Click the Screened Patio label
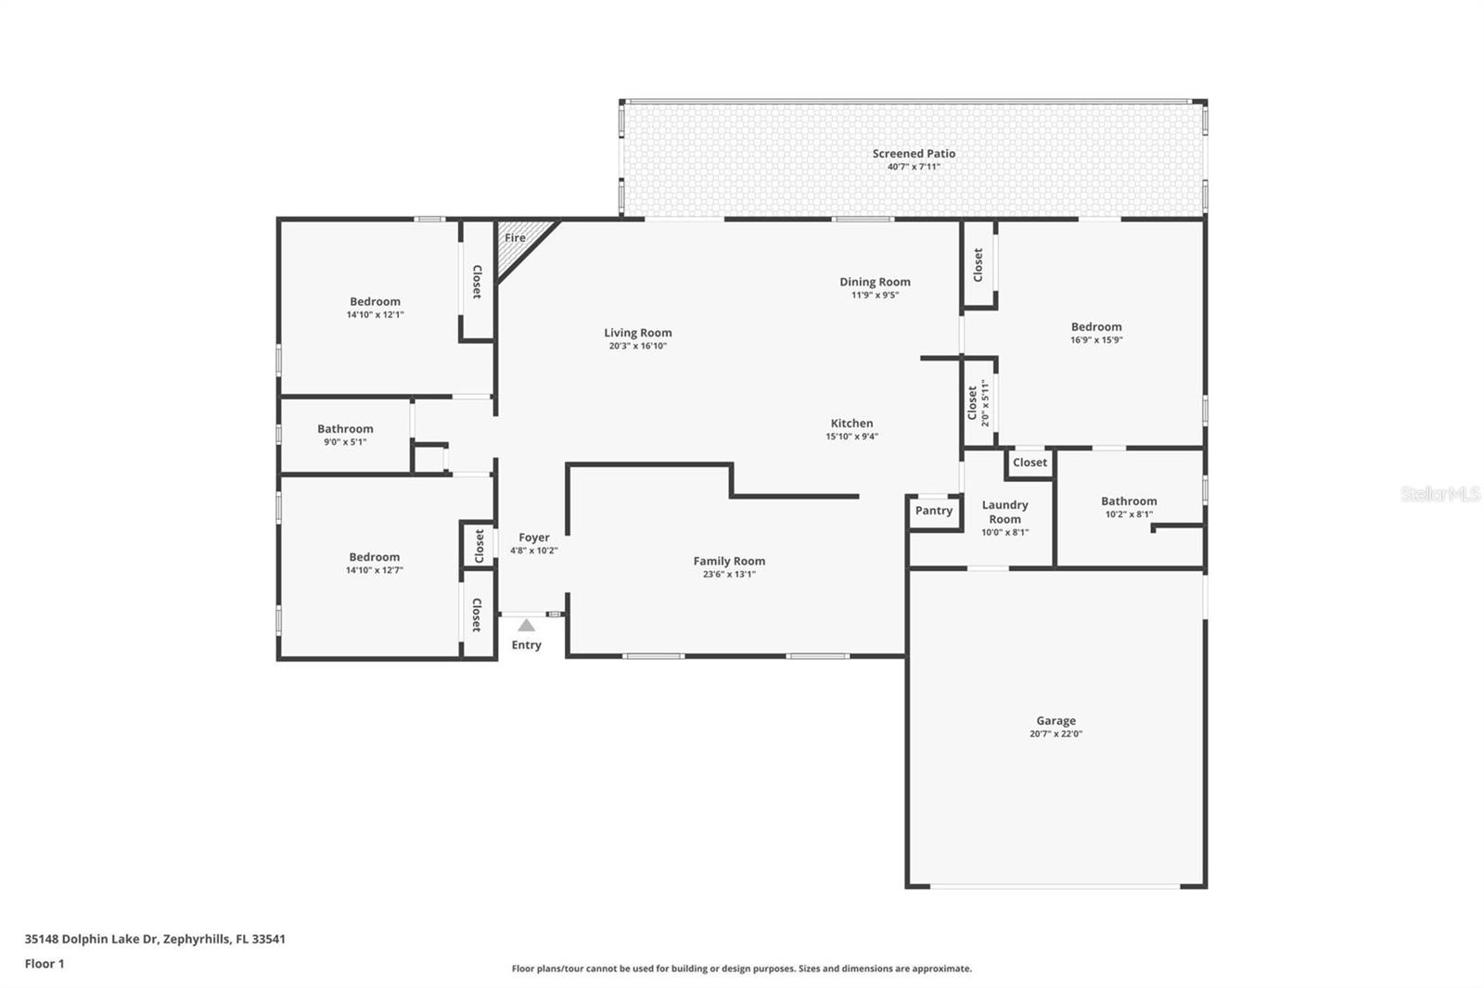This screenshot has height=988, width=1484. pos(914,154)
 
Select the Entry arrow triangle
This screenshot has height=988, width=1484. pos(526,626)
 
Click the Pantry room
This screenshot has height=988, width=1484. pos(933,511)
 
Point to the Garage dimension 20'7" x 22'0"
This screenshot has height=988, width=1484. pos(1055,734)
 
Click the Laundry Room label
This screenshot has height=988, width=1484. pos(1004,512)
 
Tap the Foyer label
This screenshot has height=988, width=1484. pos(533,538)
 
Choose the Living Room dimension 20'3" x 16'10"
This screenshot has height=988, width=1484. pos(637,347)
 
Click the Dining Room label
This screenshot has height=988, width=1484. pos(875,282)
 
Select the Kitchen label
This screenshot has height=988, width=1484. pos(851,424)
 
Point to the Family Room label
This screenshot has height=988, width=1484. pos(729,561)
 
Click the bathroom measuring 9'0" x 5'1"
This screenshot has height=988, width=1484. pos(345,435)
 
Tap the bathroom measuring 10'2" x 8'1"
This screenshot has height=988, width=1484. pos(1129,507)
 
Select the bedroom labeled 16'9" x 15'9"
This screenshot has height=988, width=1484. pos(1096,333)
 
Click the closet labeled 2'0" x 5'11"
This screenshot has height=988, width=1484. pos(978,403)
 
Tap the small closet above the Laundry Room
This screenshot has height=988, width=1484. pos(1030,462)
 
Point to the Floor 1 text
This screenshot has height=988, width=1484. pos(45,964)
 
